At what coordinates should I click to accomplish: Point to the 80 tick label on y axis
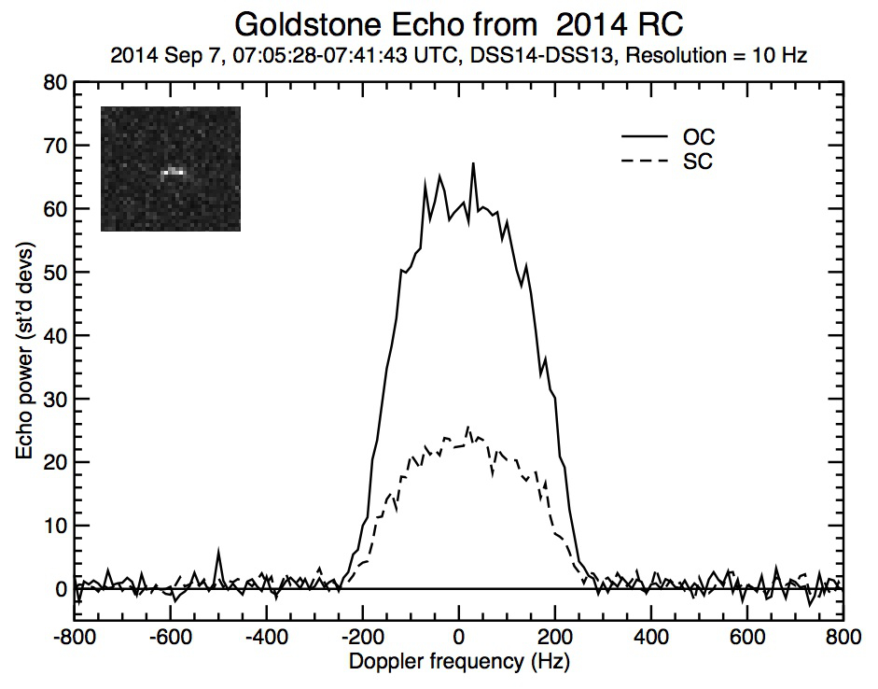(x=54, y=82)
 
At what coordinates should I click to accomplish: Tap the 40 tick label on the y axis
(x=54, y=335)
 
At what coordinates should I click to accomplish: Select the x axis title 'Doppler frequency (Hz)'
(x=458, y=663)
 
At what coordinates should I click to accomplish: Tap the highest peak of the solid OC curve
(x=473, y=164)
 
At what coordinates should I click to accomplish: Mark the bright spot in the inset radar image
(x=174, y=172)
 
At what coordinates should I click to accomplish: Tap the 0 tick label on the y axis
(x=61, y=589)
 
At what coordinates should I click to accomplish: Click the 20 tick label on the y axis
(x=54, y=462)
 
